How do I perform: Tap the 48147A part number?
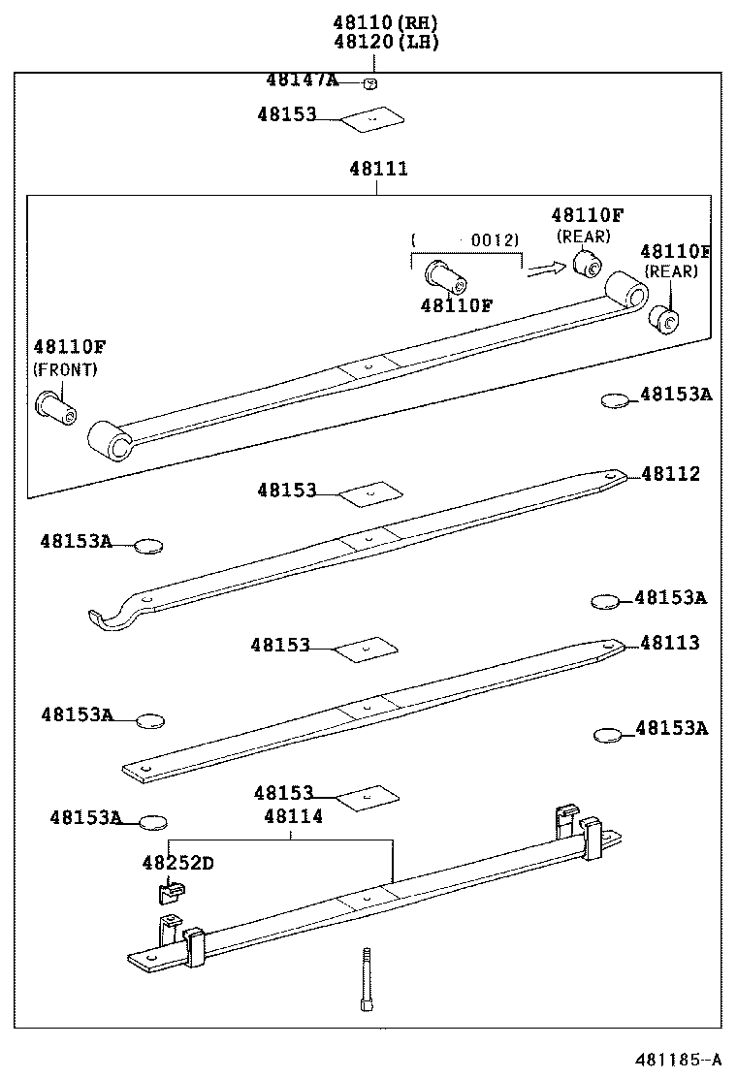click(x=302, y=79)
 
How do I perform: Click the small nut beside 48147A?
click(x=369, y=83)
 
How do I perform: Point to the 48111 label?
click(x=378, y=169)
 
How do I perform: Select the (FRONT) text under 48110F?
click(x=66, y=369)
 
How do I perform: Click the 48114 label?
click(x=293, y=817)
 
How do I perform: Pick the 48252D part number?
click(x=177, y=862)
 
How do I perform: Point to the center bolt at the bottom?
click(x=367, y=979)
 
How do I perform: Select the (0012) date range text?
click(x=466, y=239)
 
